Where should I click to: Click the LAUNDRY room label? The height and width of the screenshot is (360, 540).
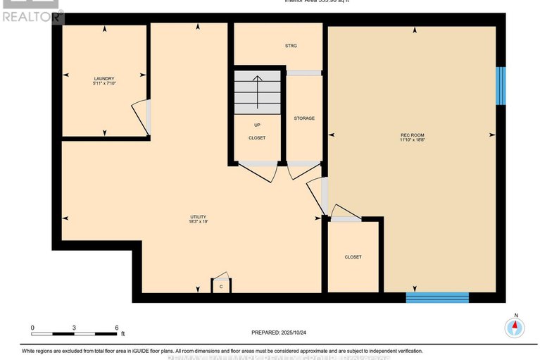[x=104, y=78]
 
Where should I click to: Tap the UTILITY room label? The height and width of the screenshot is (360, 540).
[x=198, y=216]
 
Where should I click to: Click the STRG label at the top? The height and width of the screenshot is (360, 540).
[x=291, y=46]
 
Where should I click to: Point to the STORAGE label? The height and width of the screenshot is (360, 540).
[x=304, y=118]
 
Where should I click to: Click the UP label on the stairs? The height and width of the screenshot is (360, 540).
[x=257, y=125]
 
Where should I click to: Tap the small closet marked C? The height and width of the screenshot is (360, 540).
[x=220, y=287]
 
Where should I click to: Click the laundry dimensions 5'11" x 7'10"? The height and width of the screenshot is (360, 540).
[x=104, y=84]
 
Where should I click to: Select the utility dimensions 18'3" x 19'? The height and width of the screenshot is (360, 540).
[x=198, y=222]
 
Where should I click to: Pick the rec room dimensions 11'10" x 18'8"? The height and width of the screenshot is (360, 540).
[x=412, y=139]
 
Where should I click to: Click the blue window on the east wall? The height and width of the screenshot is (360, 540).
[x=501, y=86]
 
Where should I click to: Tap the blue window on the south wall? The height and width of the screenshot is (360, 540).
[x=437, y=297]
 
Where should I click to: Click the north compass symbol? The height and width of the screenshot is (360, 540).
[x=515, y=326]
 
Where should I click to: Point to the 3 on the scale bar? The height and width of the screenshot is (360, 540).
[x=74, y=328]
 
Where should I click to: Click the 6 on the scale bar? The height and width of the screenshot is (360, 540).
[x=116, y=328]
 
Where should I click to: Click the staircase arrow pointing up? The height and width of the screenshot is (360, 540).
[x=257, y=92]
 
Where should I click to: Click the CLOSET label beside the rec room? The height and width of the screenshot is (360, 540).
[x=353, y=257]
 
